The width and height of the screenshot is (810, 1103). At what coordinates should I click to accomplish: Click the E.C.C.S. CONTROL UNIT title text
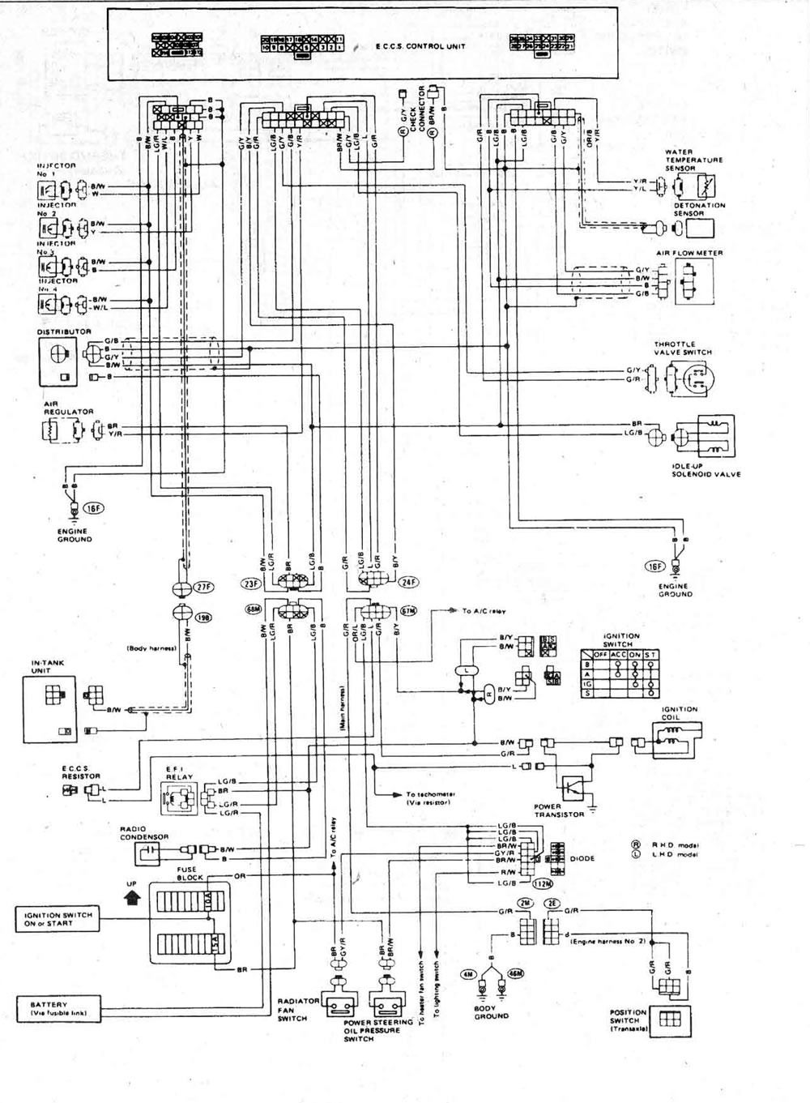(414, 46)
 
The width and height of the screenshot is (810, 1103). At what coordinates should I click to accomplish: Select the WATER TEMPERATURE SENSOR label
(693, 160)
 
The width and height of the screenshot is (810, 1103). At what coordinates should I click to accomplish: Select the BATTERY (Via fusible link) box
(57, 1009)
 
